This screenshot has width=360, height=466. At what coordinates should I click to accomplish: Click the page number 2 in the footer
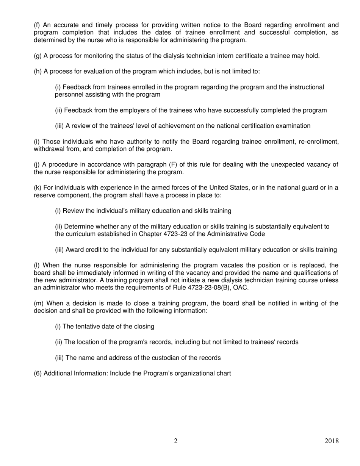click(175, 441)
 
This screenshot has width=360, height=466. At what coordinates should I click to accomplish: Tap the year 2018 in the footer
click(332, 441)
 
